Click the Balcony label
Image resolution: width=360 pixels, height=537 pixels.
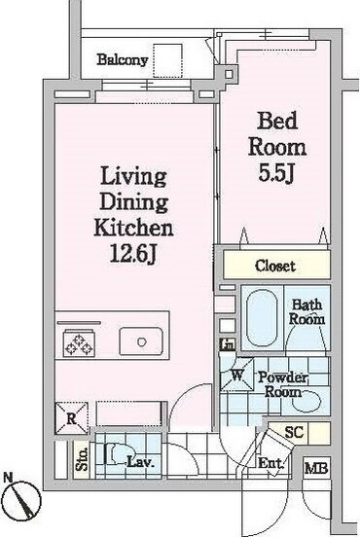[123, 60]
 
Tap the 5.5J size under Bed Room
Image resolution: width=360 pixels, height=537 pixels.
[276, 173]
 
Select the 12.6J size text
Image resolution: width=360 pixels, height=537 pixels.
[133, 254]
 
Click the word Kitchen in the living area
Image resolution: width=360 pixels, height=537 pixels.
[133, 228]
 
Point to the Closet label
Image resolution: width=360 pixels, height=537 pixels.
[275, 266]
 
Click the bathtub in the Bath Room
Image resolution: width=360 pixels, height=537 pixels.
[262, 318]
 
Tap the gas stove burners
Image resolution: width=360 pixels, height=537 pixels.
[79, 343]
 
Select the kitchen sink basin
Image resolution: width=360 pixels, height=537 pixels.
[141, 341]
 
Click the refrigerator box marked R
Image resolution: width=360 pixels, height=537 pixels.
[71, 418]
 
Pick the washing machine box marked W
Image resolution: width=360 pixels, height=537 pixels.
[236, 375]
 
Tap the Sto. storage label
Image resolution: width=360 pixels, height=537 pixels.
[82, 458]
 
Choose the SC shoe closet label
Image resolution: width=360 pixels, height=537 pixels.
[294, 432]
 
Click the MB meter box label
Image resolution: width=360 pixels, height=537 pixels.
[316, 468]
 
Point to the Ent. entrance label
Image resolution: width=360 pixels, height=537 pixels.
[270, 463]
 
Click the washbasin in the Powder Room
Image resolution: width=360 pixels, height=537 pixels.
[306, 401]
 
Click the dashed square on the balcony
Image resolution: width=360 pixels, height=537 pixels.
[167, 61]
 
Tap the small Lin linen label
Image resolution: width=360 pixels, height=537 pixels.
[228, 344]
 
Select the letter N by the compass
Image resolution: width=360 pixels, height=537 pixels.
[7, 477]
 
